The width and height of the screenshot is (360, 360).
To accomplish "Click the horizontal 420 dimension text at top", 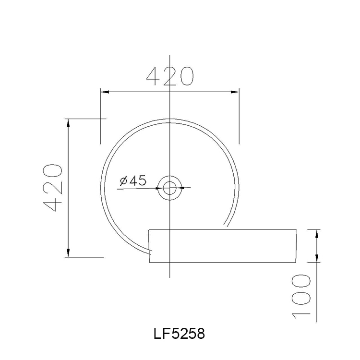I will [169, 76].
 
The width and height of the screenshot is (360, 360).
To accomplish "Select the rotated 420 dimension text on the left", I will [52, 188].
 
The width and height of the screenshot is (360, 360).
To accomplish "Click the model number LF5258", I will [179, 334].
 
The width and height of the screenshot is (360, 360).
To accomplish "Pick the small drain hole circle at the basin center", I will [169, 187].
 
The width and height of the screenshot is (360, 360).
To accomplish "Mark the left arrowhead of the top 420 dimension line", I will [103, 91].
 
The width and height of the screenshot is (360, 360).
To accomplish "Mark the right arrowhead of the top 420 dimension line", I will [235, 91].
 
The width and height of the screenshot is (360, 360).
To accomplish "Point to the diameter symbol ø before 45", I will [122, 181].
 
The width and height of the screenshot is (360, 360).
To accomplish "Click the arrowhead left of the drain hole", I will [158, 188].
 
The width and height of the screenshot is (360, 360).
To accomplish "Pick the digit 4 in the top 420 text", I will [154, 76].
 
